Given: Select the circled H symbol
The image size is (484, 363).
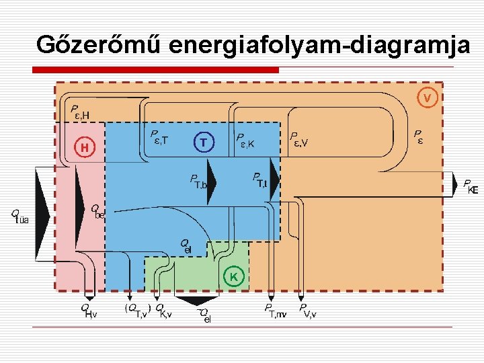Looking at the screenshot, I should click(85, 146).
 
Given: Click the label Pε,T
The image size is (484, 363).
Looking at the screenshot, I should click(160, 138).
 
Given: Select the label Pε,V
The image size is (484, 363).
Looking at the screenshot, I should click(298, 139).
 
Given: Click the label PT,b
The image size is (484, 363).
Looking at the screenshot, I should click(199, 182).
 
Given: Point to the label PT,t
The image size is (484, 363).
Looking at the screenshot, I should click(259, 179).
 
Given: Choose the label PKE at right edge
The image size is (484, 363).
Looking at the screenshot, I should click(471, 186).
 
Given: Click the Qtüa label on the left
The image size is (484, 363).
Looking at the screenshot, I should click(20, 216).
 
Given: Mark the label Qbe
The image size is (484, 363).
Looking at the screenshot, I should click(98, 212).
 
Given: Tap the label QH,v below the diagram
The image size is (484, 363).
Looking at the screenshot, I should click(89, 310).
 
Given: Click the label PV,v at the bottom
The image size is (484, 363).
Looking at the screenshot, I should click(308, 310).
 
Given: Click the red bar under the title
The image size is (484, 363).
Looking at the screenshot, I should click(155, 69).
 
